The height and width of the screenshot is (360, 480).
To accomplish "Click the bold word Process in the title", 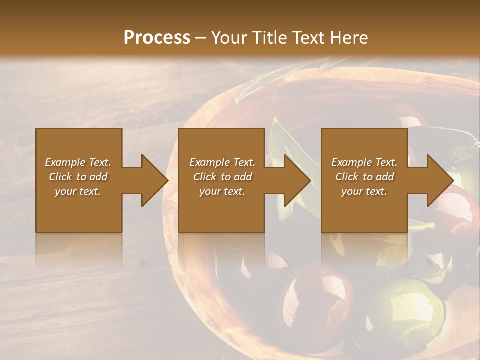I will (x=157, y=37).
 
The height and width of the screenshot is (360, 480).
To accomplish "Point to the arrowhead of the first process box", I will (x=154, y=180).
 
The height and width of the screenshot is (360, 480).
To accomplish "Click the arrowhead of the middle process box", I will (x=297, y=180).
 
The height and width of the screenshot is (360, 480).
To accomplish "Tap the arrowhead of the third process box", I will (x=440, y=180).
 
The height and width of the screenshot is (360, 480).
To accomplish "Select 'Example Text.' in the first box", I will (x=78, y=162).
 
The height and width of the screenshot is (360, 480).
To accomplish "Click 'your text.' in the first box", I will (x=78, y=191).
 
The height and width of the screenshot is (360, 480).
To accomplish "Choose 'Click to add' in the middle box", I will (x=222, y=177).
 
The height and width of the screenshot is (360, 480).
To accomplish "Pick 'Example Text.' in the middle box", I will (x=222, y=162).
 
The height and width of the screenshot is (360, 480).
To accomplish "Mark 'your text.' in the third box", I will (x=364, y=191).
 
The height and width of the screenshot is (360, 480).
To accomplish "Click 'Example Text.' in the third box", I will (x=364, y=162).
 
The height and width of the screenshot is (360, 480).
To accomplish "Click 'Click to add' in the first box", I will (x=78, y=177).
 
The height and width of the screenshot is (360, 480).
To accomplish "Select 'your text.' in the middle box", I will (x=222, y=191).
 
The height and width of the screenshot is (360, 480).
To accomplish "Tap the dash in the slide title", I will (x=200, y=38).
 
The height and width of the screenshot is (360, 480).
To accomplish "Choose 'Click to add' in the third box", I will (x=364, y=177).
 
